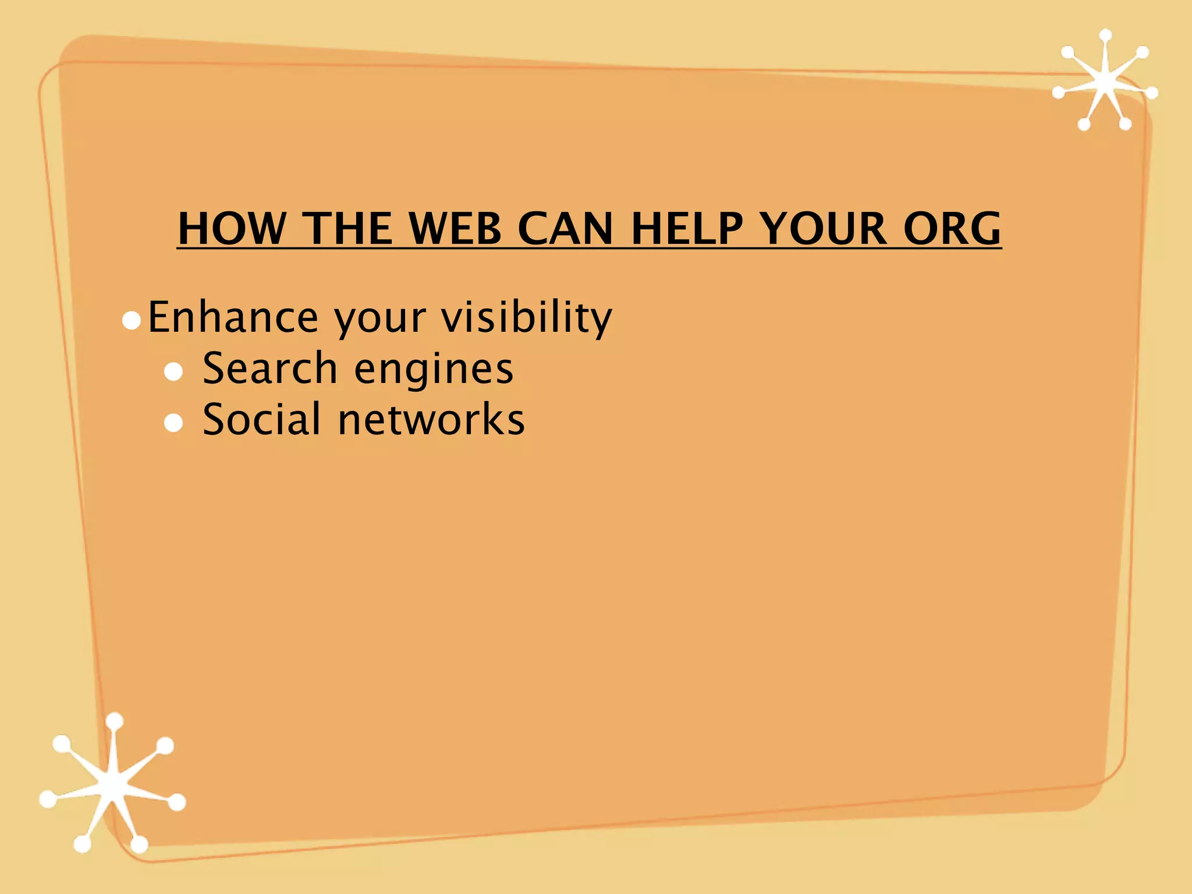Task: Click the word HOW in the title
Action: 232,228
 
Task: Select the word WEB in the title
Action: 455,228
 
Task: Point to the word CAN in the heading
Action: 565,228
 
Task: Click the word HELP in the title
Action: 687,228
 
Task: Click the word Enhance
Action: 233,317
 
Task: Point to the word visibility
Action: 526,317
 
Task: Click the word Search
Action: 270,368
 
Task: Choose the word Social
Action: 261,419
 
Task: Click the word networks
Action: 431,419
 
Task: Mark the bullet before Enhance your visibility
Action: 132,321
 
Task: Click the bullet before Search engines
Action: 173,372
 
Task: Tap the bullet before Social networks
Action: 173,423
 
